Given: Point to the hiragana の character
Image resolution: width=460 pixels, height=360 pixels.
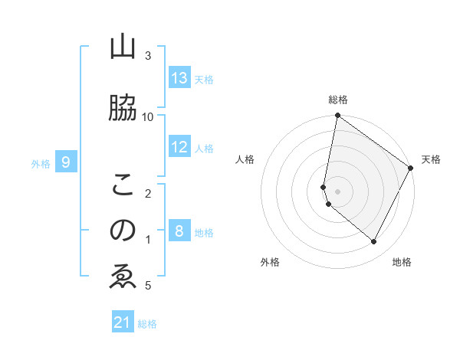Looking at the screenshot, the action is click(x=123, y=230).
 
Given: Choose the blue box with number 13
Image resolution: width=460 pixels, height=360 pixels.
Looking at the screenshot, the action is click(x=179, y=78).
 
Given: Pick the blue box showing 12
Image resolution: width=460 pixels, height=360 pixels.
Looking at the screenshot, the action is click(x=179, y=147).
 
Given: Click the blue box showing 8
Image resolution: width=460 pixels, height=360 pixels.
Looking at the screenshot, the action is click(x=179, y=231).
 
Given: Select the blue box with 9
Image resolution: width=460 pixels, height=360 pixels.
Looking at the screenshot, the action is click(x=67, y=162).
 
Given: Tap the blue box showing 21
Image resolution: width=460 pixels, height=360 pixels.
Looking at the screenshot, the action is click(x=123, y=323).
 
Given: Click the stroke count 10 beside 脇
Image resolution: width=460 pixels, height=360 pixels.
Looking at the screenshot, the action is click(x=148, y=116).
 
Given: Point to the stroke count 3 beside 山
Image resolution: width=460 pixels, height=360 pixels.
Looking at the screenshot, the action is click(x=148, y=56).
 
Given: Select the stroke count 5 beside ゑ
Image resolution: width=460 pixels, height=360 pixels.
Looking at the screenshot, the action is click(x=148, y=286).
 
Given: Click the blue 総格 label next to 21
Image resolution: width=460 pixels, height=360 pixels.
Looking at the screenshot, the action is click(x=147, y=324).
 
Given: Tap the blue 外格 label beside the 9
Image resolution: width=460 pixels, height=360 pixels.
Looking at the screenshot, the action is click(x=41, y=163).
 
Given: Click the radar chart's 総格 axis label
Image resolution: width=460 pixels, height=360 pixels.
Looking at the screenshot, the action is click(x=338, y=100).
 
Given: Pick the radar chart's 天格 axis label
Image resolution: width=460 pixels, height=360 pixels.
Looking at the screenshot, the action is click(x=431, y=159).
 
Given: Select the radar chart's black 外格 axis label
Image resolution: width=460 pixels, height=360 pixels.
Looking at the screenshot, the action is click(x=270, y=263).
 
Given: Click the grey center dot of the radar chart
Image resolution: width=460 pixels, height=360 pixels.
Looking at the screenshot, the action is click(x=338, y=190).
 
